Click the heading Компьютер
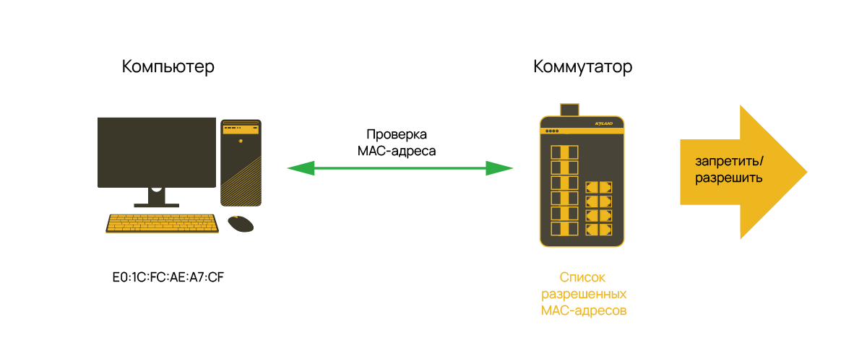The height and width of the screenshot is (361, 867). (168, 67)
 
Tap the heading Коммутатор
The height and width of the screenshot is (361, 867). (582, 67)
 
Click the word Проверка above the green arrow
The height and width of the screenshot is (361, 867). (397, 135)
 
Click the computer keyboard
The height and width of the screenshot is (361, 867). (163, 223)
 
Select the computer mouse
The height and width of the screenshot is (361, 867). (241, 224)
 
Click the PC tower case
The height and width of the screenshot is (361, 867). (241, 162)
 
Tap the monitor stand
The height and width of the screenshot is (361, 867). (157, 197)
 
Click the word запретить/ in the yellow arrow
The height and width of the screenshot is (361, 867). (728, 160)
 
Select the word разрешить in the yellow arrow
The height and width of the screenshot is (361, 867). (728, 177)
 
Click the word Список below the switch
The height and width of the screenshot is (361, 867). (582, 278)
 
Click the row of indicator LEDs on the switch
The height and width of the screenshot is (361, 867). (552, 131)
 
